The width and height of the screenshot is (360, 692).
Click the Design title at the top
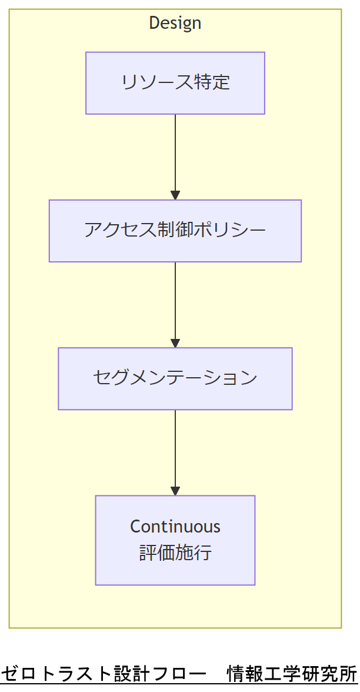(175, 23)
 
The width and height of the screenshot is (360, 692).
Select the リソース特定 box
(175, 83)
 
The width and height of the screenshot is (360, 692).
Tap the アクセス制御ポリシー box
(175, 231)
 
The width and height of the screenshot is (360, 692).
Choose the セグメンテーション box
(175, 378)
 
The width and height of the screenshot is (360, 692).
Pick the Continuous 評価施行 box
(175, 540)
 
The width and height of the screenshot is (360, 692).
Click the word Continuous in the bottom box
(175, 526)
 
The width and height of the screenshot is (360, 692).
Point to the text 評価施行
(175, 554)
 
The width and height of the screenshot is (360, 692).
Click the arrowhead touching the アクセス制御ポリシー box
(175, 195)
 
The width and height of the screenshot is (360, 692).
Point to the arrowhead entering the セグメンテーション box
(175, 343)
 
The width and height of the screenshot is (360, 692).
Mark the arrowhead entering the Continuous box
(175, 491)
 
